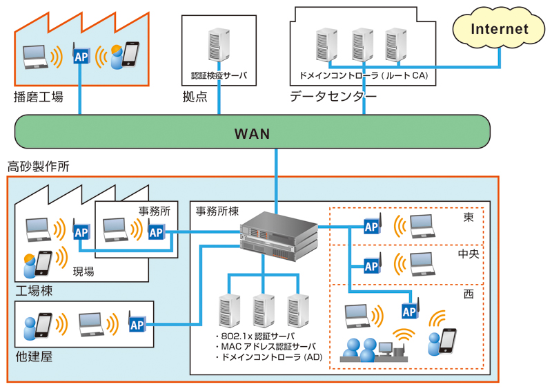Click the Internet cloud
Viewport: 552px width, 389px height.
(x=499, y=29)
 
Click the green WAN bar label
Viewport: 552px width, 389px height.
(x=253, y=133)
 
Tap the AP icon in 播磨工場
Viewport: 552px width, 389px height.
(x=81, y=55)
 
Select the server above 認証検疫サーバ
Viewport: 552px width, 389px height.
(x=219, y=48)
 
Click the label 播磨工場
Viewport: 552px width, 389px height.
(x=39, y=97)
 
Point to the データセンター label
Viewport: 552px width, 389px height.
(x=333, y=97)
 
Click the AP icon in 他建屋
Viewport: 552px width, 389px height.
(x=137, y=323)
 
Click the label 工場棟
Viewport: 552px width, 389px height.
(x=33, y=291)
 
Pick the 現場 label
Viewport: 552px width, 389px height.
(x=83, y=272)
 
